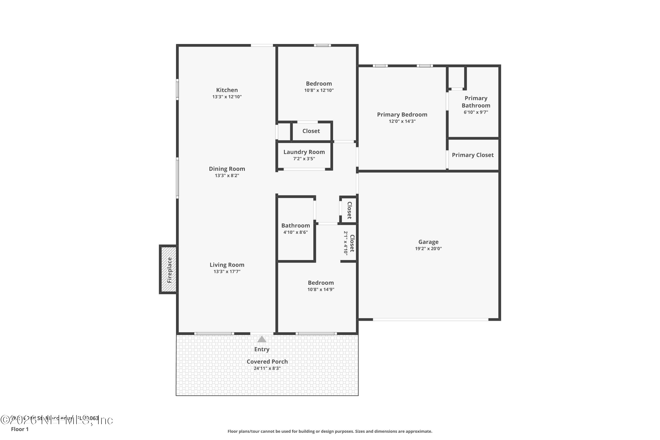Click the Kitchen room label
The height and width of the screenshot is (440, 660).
[x=227, y=90]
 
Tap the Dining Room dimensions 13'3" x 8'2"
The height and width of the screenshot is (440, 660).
[x=227, y=176]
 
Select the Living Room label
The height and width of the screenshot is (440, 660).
[x=227, y=265]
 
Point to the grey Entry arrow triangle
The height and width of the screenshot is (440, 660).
[x=262, y=339]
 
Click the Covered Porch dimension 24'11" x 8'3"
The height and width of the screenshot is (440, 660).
[x=267, y=368]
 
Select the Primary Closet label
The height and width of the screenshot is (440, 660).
[x=473, y=155]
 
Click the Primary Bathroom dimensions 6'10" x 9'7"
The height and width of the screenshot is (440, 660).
[x=476, y=112]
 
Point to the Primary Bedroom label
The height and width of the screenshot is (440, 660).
[x=402, y=114]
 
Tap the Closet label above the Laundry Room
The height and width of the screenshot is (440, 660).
[x=311, y=131]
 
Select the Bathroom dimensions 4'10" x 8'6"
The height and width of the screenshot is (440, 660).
[x=295, y=232]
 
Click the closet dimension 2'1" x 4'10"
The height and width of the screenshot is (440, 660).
[x=346, y=243]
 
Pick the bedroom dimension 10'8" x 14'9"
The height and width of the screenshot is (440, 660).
[x=321, y=290]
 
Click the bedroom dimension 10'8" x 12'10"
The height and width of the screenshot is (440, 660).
[x=319, y=90]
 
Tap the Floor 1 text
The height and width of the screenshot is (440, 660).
[x=20, y=429]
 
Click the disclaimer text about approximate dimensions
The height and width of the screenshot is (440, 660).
[x=330, y=431]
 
